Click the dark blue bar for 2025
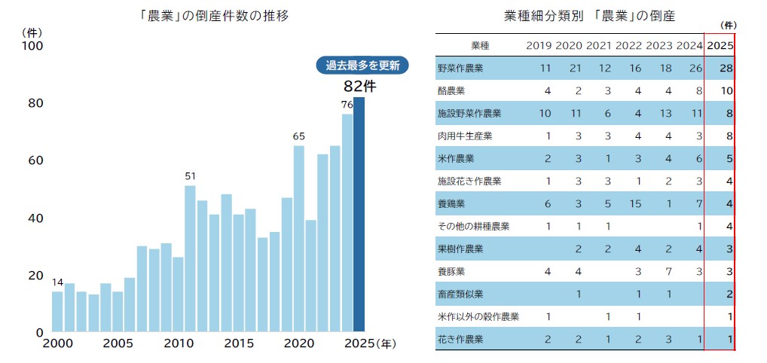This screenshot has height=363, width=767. [x=359, y=215]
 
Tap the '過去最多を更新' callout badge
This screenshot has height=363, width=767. [x=362, y=66]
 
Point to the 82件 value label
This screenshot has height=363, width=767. [x=359, y=86]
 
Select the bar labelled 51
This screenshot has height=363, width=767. [x=190, y=258]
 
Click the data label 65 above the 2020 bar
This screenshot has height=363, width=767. [x=298, y=136]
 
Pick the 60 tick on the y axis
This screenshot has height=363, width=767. [x=34, y=160]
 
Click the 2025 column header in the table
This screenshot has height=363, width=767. [x=720, y=45]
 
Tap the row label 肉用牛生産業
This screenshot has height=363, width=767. [x=465, y=136]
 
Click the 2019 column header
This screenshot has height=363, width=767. [x=539, y=45]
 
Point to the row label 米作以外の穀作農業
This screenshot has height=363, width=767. [x=478, y=317]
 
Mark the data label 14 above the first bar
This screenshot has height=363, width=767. [x=57, y=282]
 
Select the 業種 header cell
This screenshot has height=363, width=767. [x=480, y=45]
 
